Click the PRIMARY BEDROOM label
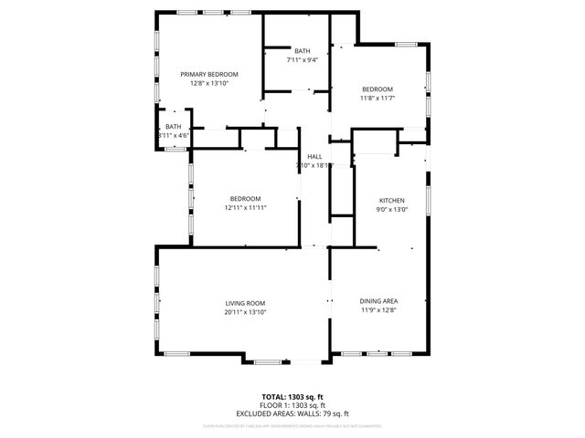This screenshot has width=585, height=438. [208, 74]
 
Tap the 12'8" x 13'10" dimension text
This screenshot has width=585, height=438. [208, 83]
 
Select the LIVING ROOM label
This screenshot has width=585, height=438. [245, 303]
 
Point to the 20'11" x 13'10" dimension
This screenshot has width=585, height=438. [245, 312]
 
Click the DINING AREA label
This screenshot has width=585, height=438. [378, 300]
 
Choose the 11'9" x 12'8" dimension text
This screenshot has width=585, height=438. [378, 309]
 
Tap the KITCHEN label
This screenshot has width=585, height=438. [392, 200]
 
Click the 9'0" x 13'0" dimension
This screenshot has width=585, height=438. [392, 209]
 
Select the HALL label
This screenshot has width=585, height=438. [314, 156]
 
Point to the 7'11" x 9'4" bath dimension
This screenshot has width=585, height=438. [302, 60]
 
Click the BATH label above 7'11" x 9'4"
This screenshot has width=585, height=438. [302, 51]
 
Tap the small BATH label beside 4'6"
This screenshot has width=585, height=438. [173, 127]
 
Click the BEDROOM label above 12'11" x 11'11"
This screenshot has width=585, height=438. [245, 199]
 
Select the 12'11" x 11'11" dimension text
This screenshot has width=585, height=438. [245, 208]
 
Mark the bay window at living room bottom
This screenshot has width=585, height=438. [270, 361]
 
